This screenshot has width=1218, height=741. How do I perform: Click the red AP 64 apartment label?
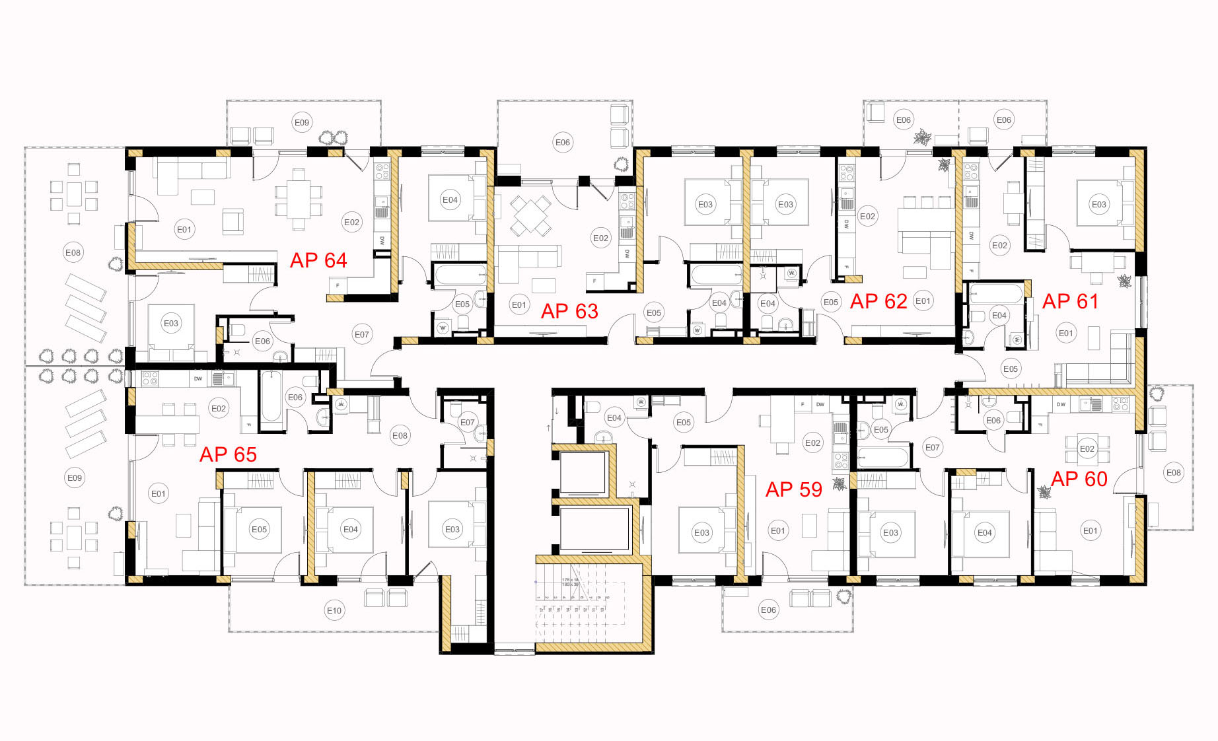318,260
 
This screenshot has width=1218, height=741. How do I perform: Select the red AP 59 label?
793,489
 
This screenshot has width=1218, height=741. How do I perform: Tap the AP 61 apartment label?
1070,302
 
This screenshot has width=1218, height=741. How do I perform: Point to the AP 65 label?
228,454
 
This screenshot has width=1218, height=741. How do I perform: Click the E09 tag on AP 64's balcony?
302,122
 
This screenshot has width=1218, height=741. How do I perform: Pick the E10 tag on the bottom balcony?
334,610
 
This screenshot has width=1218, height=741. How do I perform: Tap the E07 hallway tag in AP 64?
362,334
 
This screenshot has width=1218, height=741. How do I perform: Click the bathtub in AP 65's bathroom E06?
271,397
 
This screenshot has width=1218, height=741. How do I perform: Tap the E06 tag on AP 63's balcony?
563,142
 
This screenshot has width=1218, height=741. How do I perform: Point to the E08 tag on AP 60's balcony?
1173,472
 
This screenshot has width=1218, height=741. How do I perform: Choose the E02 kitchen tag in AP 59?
812,443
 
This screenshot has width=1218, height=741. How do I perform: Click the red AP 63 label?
569,311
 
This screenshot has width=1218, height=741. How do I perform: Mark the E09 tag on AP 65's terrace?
75,477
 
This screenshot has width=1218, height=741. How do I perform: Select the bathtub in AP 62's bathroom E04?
715,274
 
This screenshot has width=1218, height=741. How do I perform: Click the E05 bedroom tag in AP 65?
259,529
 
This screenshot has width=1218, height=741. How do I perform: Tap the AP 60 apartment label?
1079,479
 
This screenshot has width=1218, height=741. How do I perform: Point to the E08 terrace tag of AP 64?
73,252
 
